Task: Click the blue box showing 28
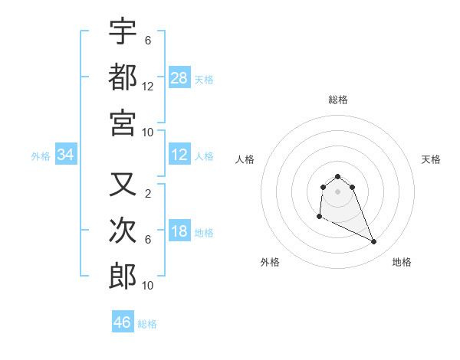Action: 179,77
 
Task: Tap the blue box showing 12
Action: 179,155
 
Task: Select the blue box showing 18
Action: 179,232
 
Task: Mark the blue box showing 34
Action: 66,155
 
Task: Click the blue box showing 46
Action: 123,322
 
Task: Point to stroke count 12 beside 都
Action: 148,87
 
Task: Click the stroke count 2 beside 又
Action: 148,194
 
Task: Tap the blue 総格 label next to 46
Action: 147,324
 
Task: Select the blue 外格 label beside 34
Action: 41,156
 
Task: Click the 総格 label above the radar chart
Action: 337,100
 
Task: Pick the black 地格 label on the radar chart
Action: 402,262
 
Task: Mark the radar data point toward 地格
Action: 374,242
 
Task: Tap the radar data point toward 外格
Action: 319,218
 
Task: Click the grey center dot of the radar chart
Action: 337,191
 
